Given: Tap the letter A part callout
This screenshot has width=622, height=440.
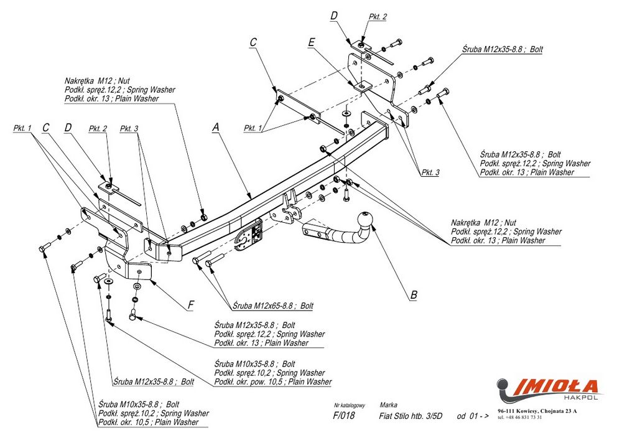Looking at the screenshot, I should [x=216, y=127].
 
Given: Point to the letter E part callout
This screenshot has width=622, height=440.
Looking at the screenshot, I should [x=312, y=42].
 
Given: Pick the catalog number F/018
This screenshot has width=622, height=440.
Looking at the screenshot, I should [x=344, y=416].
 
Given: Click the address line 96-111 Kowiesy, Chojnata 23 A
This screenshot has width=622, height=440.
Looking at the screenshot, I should [x=537, y=411].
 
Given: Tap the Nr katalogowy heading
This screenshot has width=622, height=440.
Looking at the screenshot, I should [x=349, y=405].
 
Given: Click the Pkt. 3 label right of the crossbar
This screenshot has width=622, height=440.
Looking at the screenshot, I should [x=429, y=172].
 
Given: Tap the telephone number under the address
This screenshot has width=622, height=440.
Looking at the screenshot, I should [x=520, y=418].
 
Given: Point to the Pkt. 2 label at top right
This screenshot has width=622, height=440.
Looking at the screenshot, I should [x=377, y=17].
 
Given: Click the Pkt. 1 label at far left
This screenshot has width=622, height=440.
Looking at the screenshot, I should [x=22, y=128].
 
